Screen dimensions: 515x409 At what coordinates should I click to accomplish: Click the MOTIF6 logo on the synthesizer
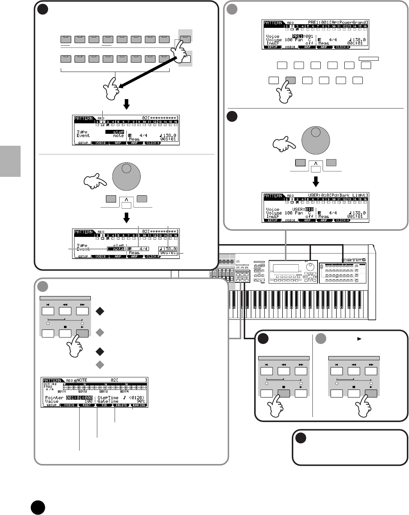pos(354,259)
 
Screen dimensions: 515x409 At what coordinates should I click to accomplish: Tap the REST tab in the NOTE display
pos(87,405)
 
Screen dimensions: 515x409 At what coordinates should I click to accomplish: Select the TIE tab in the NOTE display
pos(104,405)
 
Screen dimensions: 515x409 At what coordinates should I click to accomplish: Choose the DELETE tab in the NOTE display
pos(122,405)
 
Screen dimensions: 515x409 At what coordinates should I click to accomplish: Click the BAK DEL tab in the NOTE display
pos(139,405)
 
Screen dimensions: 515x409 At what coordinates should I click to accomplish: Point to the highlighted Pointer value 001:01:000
pos(79,397)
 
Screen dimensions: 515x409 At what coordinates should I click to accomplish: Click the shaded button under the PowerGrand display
pos(290,80)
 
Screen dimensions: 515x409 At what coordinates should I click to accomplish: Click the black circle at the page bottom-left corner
pos(37,507)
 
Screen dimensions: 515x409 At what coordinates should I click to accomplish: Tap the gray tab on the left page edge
pos(10,161)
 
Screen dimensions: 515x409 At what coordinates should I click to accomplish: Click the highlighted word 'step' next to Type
pos(118,132)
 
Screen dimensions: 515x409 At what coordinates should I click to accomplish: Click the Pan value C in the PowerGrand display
pos(310,40)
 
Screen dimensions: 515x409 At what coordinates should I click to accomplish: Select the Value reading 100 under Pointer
pos(88,401)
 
